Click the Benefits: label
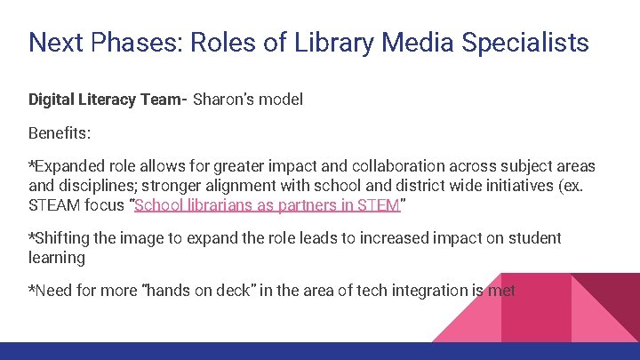click(59, 133)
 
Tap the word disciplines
click(108, 187)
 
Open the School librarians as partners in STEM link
click(268, 206)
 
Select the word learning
click(57, 258)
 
